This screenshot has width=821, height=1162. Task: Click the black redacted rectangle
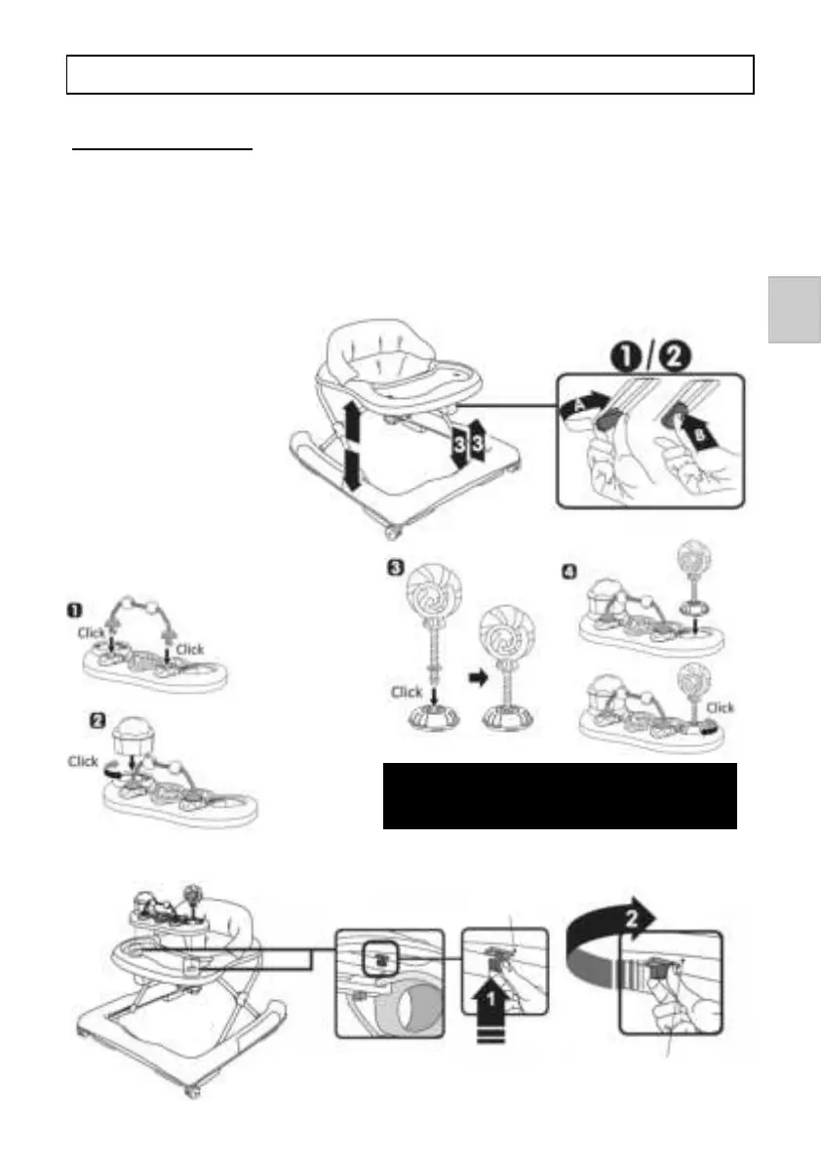tap(559, 795)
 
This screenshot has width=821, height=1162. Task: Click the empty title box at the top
tap(410, 74)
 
